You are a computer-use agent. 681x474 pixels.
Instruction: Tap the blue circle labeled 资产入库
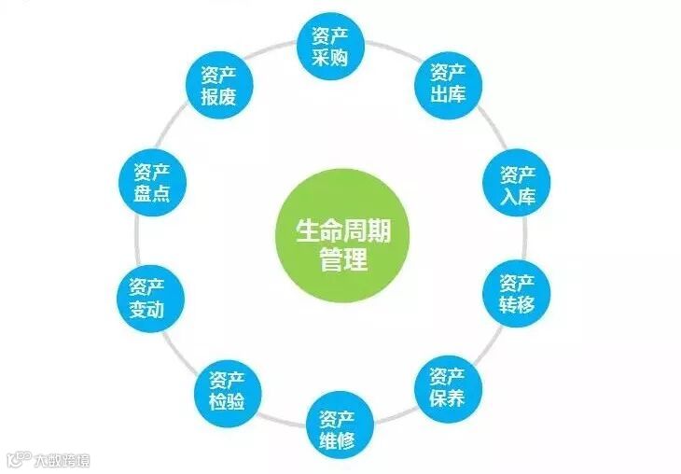(517, 185)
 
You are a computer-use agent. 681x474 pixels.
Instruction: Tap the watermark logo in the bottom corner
(47, 459)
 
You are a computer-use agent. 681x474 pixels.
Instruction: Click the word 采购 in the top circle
(329, 58)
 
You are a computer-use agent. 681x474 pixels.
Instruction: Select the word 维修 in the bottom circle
(336, 438)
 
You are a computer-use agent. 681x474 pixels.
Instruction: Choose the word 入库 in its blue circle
(517, 196)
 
